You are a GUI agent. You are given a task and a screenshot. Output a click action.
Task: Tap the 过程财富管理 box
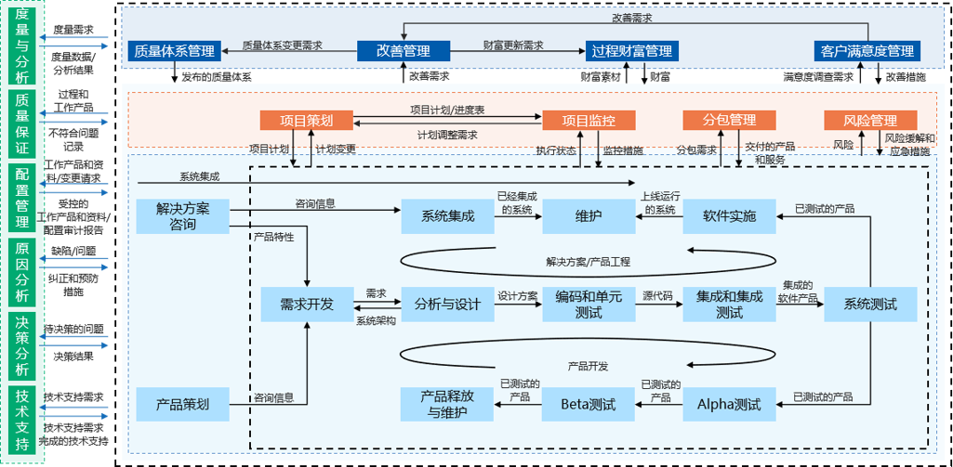click(x=631, y=51)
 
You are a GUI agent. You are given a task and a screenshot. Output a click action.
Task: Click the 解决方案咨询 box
click(x=183, y=216)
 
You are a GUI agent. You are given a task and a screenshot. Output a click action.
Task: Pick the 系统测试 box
click(x=870, y=304)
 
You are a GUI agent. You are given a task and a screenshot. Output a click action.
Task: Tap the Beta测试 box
click(x=589, y=404)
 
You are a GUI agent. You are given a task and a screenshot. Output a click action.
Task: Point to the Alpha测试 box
click(x=729, y=404)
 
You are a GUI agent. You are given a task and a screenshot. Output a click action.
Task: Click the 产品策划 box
click(x=183, y=404)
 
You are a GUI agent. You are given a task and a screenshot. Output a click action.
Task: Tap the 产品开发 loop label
click(x=588, y=366)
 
